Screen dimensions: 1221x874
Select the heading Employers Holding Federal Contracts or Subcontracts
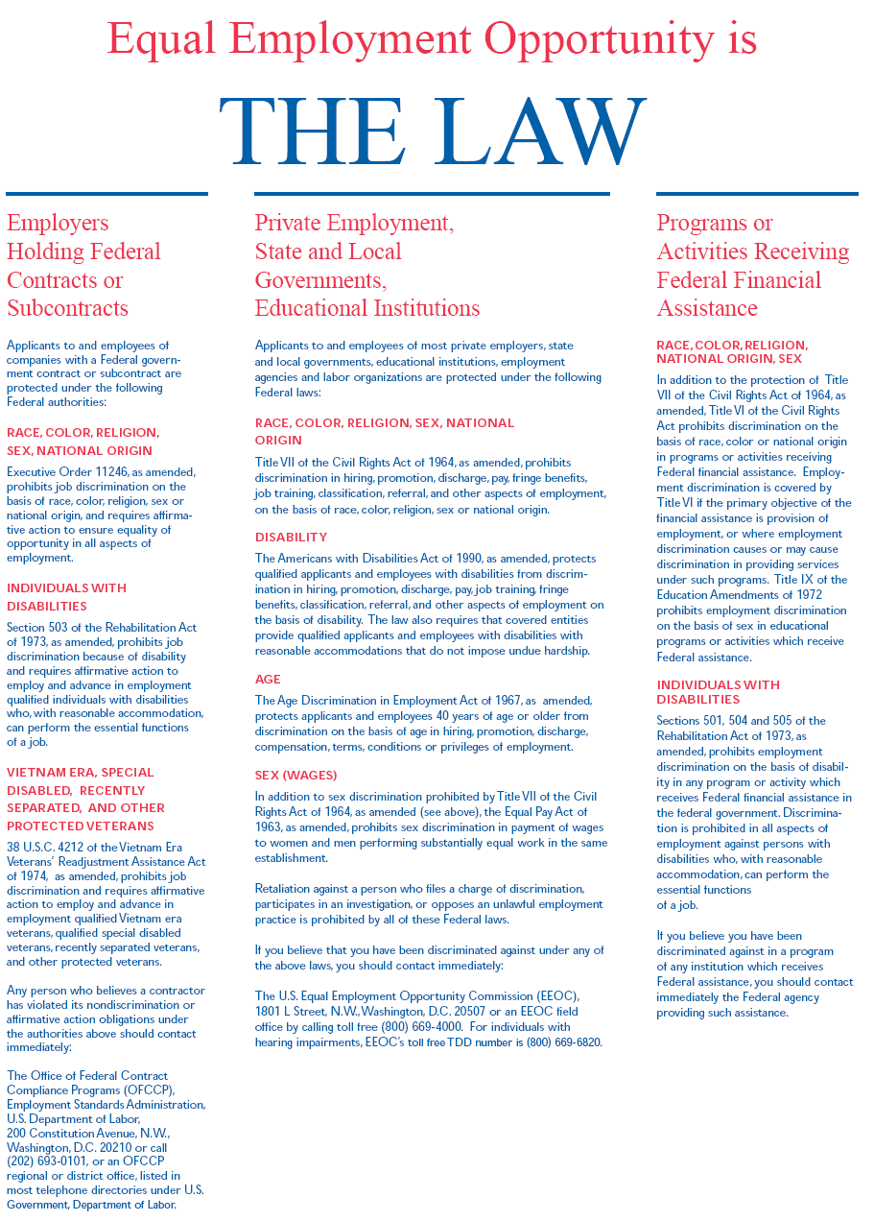coord(83,265)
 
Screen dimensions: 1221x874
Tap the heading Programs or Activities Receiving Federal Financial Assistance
coord(752,265)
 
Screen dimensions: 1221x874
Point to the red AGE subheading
coord(268,679)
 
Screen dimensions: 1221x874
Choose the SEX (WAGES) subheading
coord(295,775)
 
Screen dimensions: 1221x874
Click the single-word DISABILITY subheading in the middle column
coord(291,537)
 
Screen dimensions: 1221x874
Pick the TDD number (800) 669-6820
coord(564,1041)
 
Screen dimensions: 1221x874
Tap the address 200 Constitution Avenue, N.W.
coord(88,1134)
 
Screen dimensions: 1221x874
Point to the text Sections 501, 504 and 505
coord(731,721)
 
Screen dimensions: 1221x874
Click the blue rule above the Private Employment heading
coord(432,194)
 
